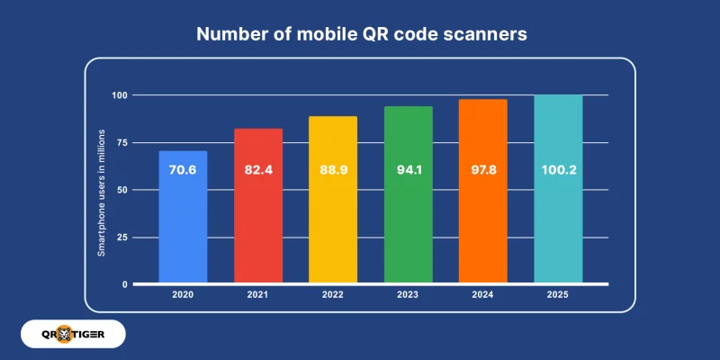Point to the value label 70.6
click(x=183, y=168)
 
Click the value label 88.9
click(x=333, y=168)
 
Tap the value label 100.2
click(x=558, y=168)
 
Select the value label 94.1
click(x=408, y=168)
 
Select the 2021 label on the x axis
click(x=258, y=295)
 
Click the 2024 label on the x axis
click(x=483, y=295)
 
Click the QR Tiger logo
click(x=70, y=334)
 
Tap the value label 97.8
click(x=483, y=168)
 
